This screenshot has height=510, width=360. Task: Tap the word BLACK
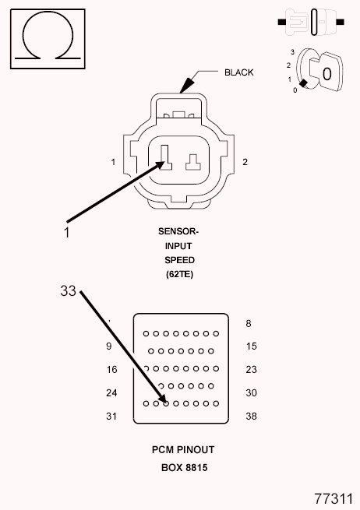pos(239,72)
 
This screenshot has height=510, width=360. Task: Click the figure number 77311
pos(334,498)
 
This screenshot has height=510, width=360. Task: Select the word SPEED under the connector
pos(179,260)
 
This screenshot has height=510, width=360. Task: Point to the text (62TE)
pos(179,275)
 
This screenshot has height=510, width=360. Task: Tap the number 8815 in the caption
pos(196,468)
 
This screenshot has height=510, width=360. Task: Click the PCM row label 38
pos(251,416)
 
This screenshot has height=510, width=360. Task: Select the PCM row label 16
pos(111,370)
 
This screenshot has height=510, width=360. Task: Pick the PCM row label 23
pos(251,370)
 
